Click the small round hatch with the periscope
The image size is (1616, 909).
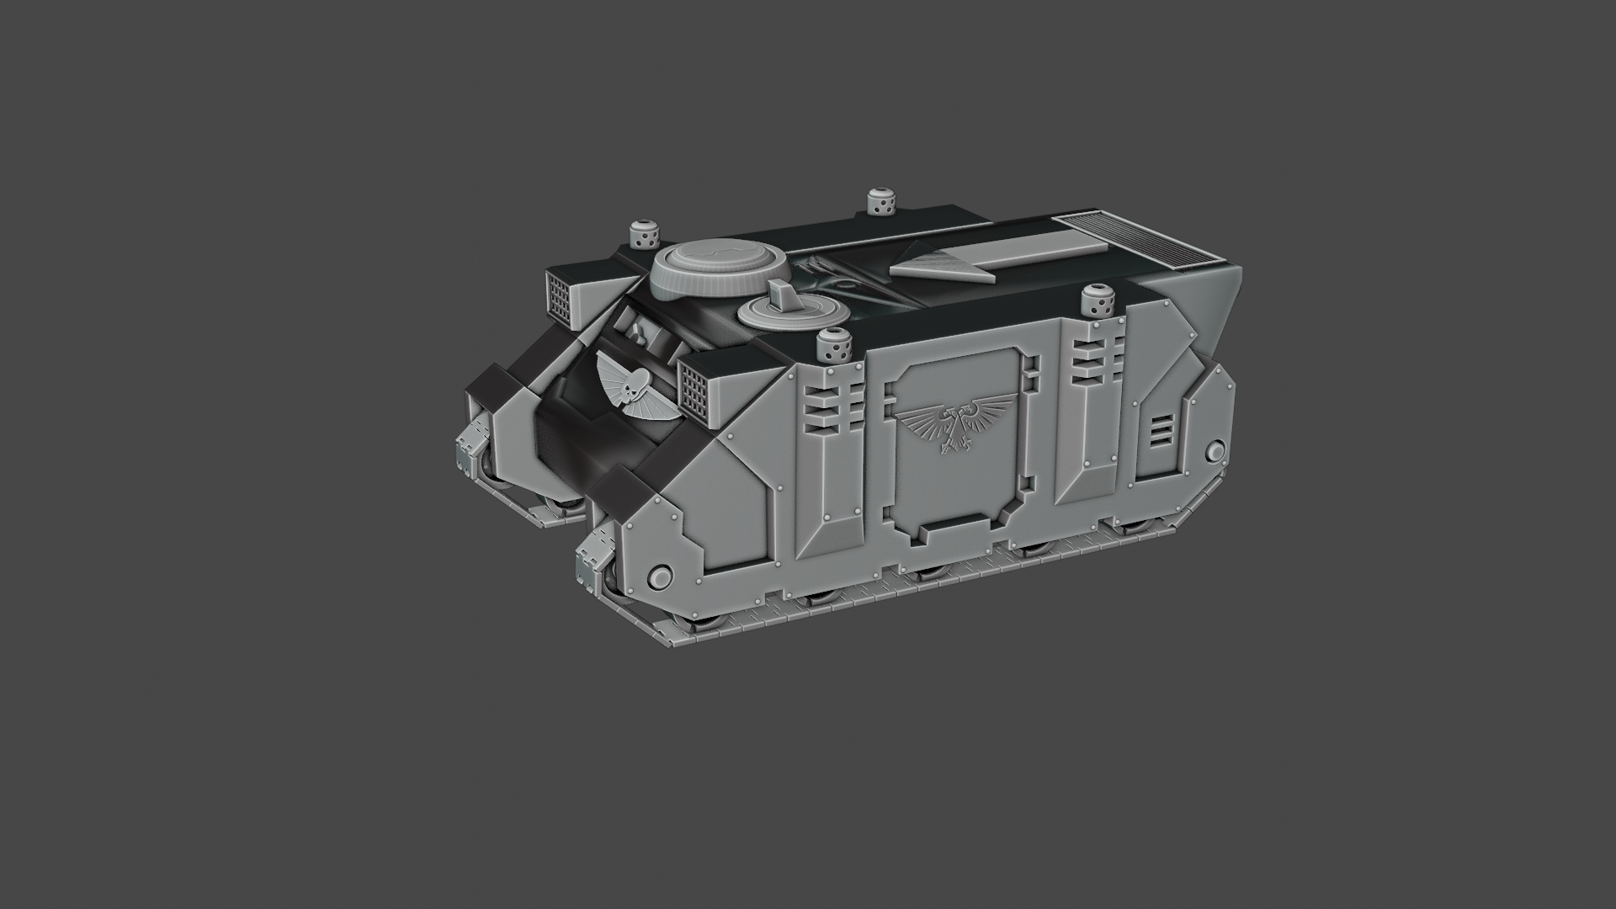[x=793, y=311]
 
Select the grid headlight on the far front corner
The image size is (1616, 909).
[x=559, y=296]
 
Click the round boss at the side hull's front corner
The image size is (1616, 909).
[x=661, y=577]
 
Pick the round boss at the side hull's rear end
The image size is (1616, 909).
[x=1215, y=452]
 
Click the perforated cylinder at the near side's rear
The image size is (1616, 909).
[x=1097, y=300]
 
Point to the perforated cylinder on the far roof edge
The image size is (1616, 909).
[x=879, y=202]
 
